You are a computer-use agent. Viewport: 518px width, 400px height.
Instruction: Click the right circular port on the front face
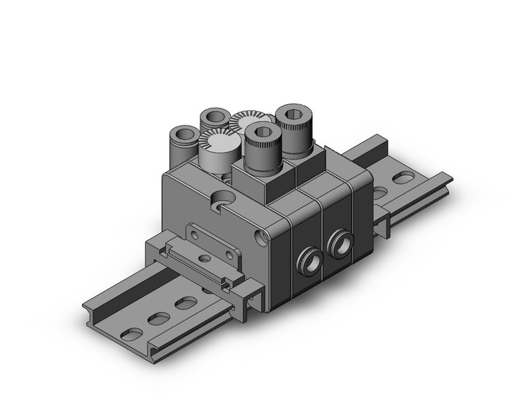coord(340,243)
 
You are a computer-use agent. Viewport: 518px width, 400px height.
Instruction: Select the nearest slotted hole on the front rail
coord(131,334)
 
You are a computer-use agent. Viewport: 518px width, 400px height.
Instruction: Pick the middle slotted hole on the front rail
coord(158,318)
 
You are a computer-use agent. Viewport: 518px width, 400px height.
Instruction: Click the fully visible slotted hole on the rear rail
coord(403,179)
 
